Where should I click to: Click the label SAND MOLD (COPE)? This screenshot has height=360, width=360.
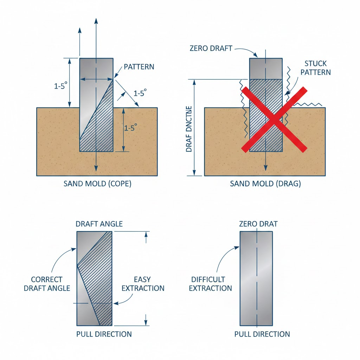pyautogui.click(x=97, y=184)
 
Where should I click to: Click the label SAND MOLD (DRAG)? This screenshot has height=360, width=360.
pyautogui.click(x=265, y=184)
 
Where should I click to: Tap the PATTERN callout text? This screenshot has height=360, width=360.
pyautogui.click(x=139, y=67)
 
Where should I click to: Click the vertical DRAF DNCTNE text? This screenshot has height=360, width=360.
pyautogui.click(x=189, y=128)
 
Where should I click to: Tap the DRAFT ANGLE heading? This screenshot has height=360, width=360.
pyautogui.click(x=99, y=224)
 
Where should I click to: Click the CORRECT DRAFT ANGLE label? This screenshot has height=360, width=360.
pyautogui.click(x=46, y=284)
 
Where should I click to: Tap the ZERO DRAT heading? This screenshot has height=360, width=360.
pyautogui.click(x=258, y=224)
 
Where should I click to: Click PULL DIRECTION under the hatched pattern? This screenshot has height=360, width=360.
pyautogui.click(x=104, y=334)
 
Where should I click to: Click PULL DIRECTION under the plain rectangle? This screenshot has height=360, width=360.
pyautogui.click(x=262, y=334)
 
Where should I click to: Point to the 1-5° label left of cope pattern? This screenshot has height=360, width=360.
pyautogui.click(x=61, y=86)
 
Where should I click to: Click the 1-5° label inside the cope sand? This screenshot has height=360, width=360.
pyautogui.click(x=130, y=128)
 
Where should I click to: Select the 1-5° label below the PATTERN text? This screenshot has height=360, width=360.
pyautogui.click(x=140, y=92)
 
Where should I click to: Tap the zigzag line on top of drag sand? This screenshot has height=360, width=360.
pyautogui.click(x=308, y=105)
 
